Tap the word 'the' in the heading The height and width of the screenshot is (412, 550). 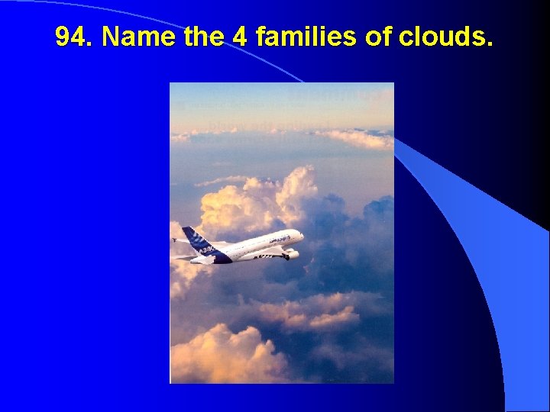[x=203, y=36]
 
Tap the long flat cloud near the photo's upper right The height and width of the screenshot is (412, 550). [x=355, y=138]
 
